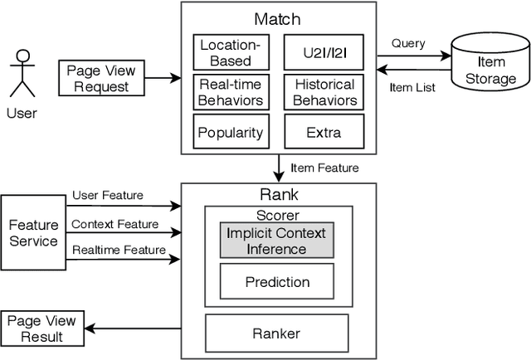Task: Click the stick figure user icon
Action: tap(22, 74)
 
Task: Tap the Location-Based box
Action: tap(228, 52)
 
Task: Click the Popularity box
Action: tap(230, 132)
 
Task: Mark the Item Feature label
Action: tap(324, 168)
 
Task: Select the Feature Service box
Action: tap(33, 232)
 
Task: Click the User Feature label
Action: tap(107, 196)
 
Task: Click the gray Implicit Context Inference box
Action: tap(276, 241)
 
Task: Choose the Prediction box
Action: tap(278, 282)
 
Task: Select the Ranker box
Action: tap(278, 333)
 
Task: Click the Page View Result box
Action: tap(42, 328)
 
